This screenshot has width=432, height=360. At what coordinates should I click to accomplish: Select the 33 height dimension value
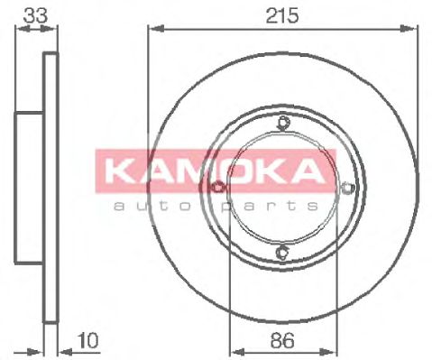(x=35, y=15)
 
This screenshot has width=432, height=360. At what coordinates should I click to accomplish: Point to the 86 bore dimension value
(x=283, y=340)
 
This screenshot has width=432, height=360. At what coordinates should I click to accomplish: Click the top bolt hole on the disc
(x=283, y=124)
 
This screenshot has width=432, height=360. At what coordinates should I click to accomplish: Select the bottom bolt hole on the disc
(x=283, y=252)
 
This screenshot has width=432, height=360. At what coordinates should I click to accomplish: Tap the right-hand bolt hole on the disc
(x=348, y=187)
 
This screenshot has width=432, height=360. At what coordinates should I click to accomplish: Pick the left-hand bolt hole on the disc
(x=218, y=187)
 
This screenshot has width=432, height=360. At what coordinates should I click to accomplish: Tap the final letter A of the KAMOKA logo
(x=304, y=171)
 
